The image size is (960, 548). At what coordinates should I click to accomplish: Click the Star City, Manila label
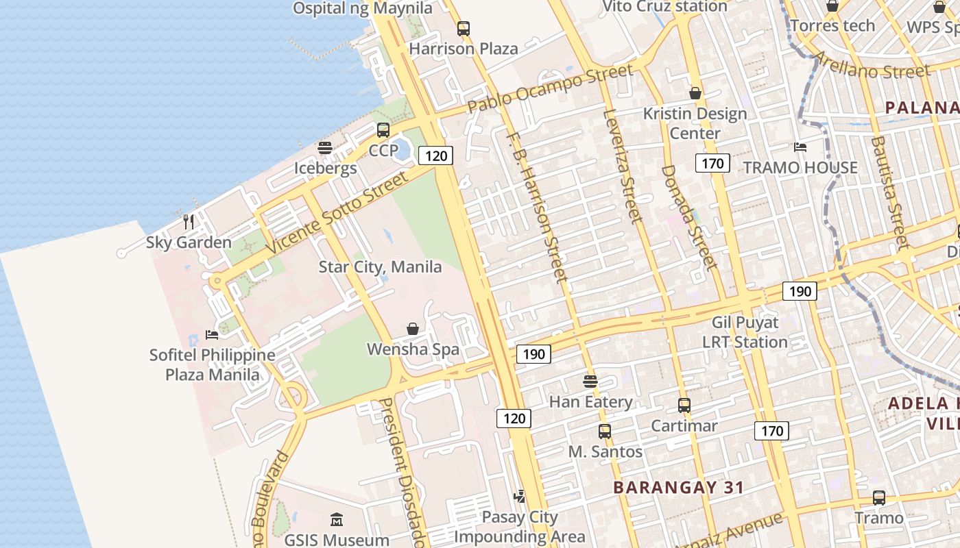(380, 266)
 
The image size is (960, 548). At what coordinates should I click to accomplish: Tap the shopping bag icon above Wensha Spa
(413, 329)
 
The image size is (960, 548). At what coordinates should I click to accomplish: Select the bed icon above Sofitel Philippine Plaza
(212, 335)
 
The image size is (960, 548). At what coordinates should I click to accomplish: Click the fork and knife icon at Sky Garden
(189, 222)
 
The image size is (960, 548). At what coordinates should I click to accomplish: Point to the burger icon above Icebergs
(325, 148)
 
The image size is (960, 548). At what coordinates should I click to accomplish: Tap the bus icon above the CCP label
(383, 130)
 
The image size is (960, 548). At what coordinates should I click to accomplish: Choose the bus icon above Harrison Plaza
(464, 29)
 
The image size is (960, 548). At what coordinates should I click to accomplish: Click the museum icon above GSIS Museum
(336, 520)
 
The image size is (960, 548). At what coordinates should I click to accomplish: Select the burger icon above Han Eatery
(590, 382)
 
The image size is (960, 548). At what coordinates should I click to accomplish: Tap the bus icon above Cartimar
(684, 406)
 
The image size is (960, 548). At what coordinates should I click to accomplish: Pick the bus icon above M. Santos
(604, 432)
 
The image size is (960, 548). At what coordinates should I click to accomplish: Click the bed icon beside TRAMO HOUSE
(800, 147)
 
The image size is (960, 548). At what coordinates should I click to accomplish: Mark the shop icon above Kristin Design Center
(695, 93)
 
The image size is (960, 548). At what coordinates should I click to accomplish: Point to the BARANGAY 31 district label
(678, 488)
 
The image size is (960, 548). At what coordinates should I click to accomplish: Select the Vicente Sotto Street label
(337, 212)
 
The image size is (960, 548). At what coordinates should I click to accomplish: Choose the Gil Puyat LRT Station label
(745, 332)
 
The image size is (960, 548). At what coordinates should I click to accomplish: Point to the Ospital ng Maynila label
(363, 8)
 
